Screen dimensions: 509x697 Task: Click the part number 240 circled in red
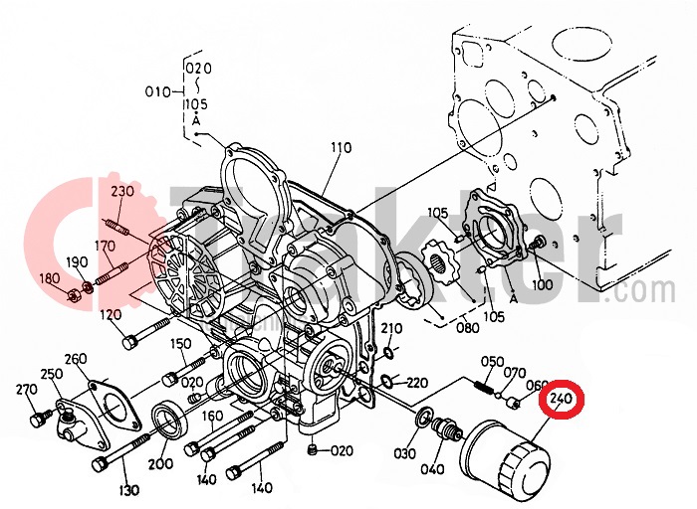[562, 401]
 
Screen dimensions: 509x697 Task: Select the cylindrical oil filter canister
[505, 460]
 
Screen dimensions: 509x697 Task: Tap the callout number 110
[342, 148]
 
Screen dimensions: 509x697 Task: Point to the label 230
[122, 191]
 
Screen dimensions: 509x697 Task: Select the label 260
[76, 358]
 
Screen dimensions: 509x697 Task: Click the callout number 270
[26, 390]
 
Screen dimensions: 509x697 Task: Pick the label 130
[129, 491]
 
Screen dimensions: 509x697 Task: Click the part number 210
[391, 328]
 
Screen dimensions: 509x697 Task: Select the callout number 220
[416, 382]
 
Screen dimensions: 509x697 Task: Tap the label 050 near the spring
[493, 361]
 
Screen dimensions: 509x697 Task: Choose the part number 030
[404, 454]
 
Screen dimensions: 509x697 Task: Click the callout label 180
[48, 279]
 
